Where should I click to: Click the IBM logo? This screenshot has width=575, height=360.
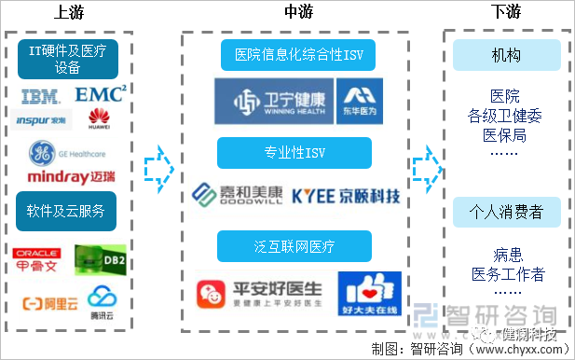(x=39, y=95)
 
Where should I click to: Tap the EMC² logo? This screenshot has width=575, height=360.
(x=100, y=94)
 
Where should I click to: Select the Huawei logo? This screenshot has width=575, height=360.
(x=100, y=118)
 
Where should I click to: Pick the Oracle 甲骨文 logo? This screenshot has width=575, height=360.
(x=38, y=257)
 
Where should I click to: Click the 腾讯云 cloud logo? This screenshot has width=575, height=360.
(x=101, y=300)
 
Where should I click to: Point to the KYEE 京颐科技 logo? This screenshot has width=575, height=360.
(x=346, y=196)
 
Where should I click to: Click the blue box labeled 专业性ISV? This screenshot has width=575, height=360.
(x=294, y=152)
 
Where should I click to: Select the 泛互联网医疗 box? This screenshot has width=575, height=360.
(x=294, y=246)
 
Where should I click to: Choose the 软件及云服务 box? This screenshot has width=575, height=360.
(x=66, y=209)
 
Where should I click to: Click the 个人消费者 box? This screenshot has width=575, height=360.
(x=506, y=213)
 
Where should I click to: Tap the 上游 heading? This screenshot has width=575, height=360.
(x=66, y=11)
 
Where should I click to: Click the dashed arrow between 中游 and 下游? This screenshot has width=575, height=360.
(x=426, y=164)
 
